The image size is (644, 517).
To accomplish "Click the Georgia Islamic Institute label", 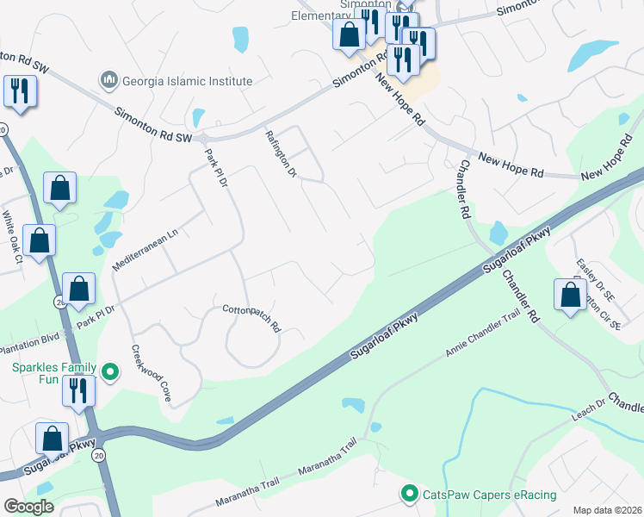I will pyautogui.click(x=188, y=82).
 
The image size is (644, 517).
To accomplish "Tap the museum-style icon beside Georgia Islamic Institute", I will pyautogui.click(x=109, y=81).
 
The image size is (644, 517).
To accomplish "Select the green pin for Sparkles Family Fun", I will pyautogui.click(x=109, y=372).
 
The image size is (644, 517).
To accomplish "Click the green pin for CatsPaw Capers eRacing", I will pyautogui.click(x=409, y=494).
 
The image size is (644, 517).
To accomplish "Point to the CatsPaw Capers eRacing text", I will pyautogui.click(x=488, y=495).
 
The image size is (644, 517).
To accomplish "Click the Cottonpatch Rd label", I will pyautogui.click(x=252, y=318).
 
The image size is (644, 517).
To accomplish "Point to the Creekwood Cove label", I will pyautogui.click(x=151, y=375).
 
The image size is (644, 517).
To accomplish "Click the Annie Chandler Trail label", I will pyautogui.click(x=483, y=334).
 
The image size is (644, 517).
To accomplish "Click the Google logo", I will pyautogui.click(x=28, y=507).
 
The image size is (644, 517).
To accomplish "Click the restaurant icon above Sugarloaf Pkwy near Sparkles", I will pyautogui.click(x=78, y=389).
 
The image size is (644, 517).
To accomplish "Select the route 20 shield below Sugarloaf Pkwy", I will pyautogui.click(x=99, y=454).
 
